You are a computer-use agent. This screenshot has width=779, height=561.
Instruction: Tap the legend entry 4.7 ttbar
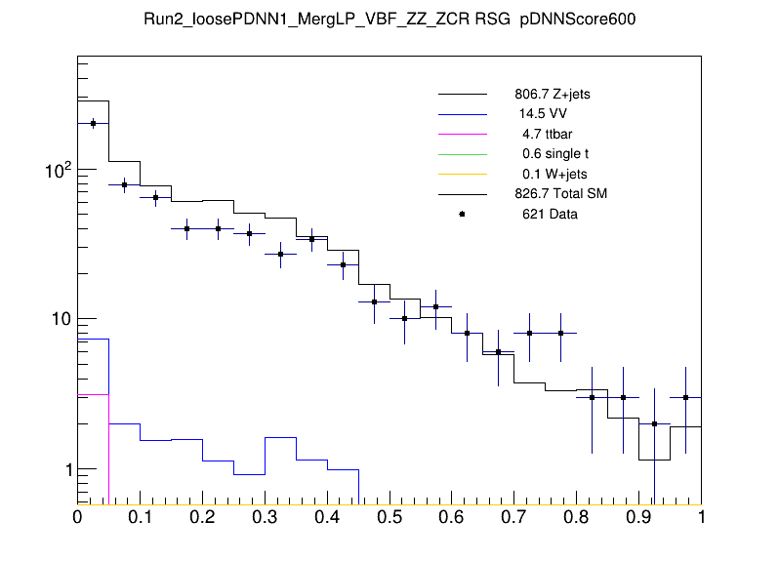pyautogui.click(x=545, y=134)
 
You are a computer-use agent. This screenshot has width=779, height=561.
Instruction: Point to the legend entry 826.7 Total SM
pyautogui.click(x=561, y=193)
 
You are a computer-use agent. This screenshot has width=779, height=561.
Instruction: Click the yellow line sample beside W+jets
pyautogui.click(x=462, y=174)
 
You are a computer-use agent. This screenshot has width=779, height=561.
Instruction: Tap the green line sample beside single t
pyautogui.click(x=462, y=154)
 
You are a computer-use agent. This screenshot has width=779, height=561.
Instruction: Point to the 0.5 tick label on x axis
pyautogui.click(x=389, y=518)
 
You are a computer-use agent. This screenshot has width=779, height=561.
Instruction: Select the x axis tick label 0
pyautogui.click(x=78, y=518)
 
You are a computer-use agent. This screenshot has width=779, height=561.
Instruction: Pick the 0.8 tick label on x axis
pyautogui.click(x=576, y=518)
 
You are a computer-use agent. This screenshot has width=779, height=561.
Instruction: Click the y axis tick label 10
pyautogui.click(x=54, y=319)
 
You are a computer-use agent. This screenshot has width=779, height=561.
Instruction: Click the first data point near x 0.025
pyautogui.click(x=93, y=123)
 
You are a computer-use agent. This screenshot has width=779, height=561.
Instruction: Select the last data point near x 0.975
pyautogui.click(x=686, y=397)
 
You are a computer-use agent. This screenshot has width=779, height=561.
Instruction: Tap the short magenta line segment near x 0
pyautogui.click(x=93, y=394)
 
